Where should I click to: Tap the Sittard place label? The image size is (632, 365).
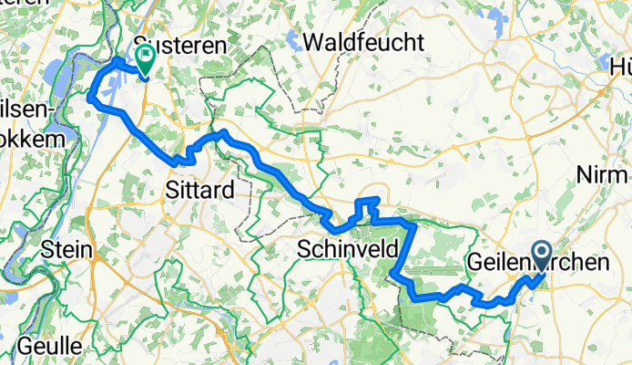coord(200,190)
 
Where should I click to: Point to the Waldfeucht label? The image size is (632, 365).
coord(364,41)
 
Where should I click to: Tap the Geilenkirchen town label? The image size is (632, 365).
coord(537,263)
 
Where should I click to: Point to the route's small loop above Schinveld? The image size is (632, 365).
coord(367,203)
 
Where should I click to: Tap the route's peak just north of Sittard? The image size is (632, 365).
coord(220,133)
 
